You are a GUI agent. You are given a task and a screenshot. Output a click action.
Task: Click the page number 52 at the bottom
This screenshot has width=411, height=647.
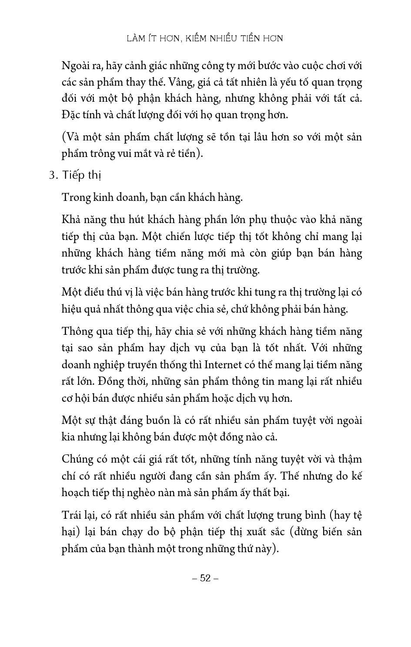pyautogui.click(x=205, y=578)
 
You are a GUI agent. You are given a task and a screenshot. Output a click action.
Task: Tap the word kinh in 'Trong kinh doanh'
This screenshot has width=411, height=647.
pyautogui.click(x=102, y=197)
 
